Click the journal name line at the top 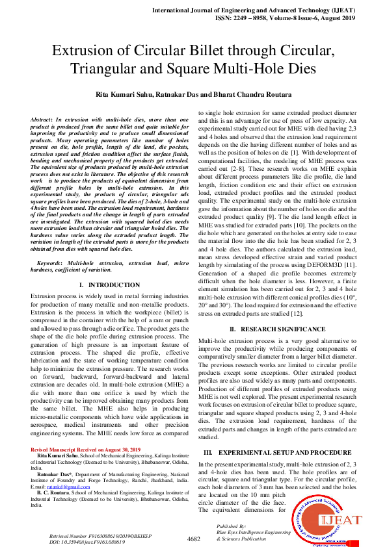pos(271,12)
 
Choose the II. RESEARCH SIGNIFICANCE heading pos(276,329)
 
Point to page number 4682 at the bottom pos(193,539)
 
